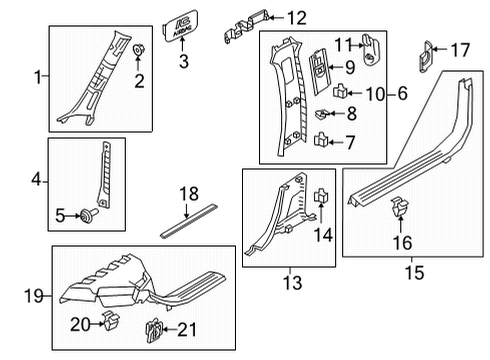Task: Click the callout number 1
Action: [x=38, y=77]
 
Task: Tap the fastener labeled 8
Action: [x=325, y=116]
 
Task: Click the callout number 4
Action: [x=36, y=182]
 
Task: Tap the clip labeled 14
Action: [x=322, y=199]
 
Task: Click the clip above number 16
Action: [x=400, y=237]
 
